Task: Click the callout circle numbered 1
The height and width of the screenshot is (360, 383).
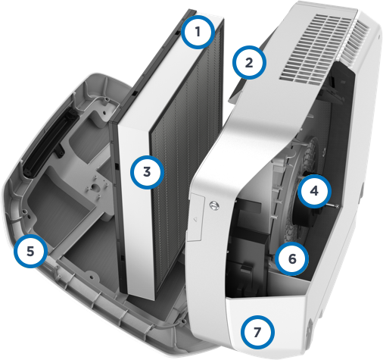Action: click(x=198, y=33)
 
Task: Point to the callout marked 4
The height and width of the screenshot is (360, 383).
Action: click(x=313, y=191)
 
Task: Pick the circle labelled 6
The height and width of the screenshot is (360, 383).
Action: click(x=291, y=258)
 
